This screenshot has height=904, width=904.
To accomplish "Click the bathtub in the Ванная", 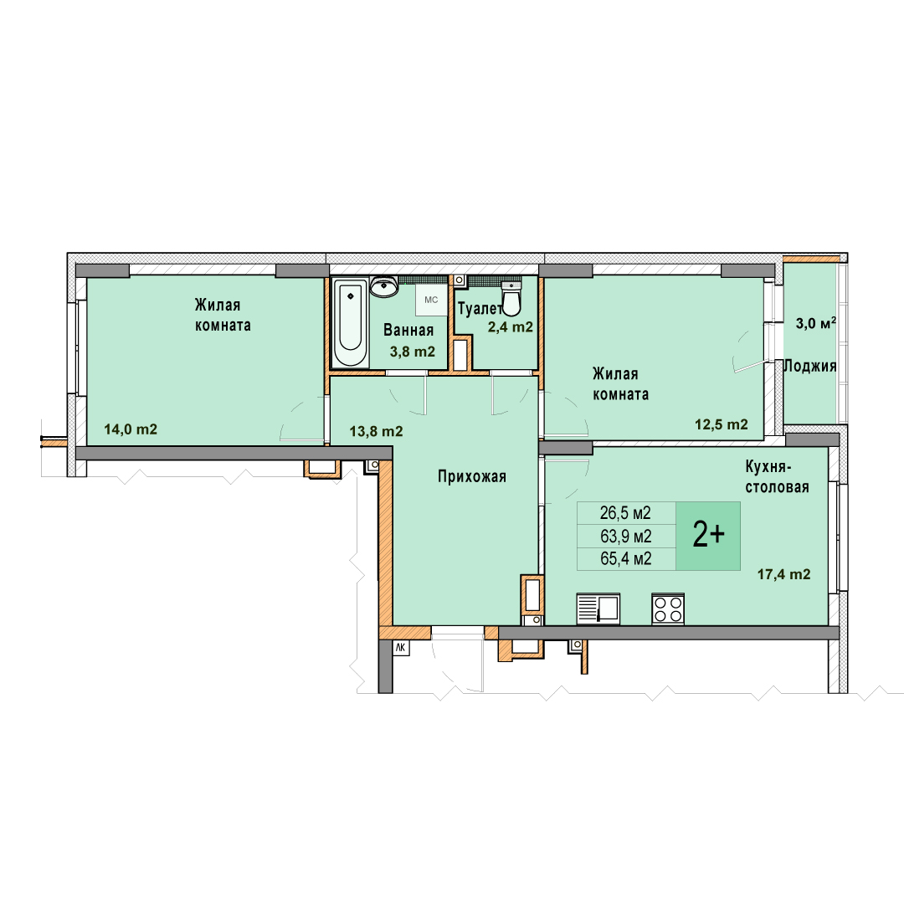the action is [x=351, y=323].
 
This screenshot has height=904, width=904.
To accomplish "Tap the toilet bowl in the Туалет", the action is [x=511, y=299].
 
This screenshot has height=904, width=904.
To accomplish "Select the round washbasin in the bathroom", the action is [x=383, y=286].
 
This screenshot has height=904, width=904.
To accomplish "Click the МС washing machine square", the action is [x=431, y=300].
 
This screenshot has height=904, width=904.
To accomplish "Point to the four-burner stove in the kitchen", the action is [x=668, y=609].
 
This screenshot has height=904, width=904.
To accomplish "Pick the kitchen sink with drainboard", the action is [x=598, y=609].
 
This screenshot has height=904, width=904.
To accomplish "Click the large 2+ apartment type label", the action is [x=709, y=536].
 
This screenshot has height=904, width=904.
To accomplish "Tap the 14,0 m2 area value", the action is [x=131, y=429].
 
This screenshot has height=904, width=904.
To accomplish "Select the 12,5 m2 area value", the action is [x=722, y=425].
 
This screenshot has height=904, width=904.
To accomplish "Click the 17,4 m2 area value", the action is [x=783, y=574].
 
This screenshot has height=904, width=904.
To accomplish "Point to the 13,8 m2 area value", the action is [x=376, y=431].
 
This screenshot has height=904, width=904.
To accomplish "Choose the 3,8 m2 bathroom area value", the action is [x=412, y=352].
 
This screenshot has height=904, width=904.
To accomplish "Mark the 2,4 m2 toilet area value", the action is [x=511, y=327].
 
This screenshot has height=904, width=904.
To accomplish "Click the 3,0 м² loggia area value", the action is [x=816, y=323].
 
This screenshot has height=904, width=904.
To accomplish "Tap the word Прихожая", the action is [x=471, y=477].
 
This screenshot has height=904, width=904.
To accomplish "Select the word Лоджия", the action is [x=810, y=366].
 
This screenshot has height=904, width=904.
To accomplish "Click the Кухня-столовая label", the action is [x=777, y=476].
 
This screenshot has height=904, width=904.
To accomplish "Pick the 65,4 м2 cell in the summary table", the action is [x=626, y=558].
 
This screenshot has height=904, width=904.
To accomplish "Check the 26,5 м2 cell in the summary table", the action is [x=625, y=512].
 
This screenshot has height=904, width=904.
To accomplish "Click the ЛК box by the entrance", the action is [x=401, y=647].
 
